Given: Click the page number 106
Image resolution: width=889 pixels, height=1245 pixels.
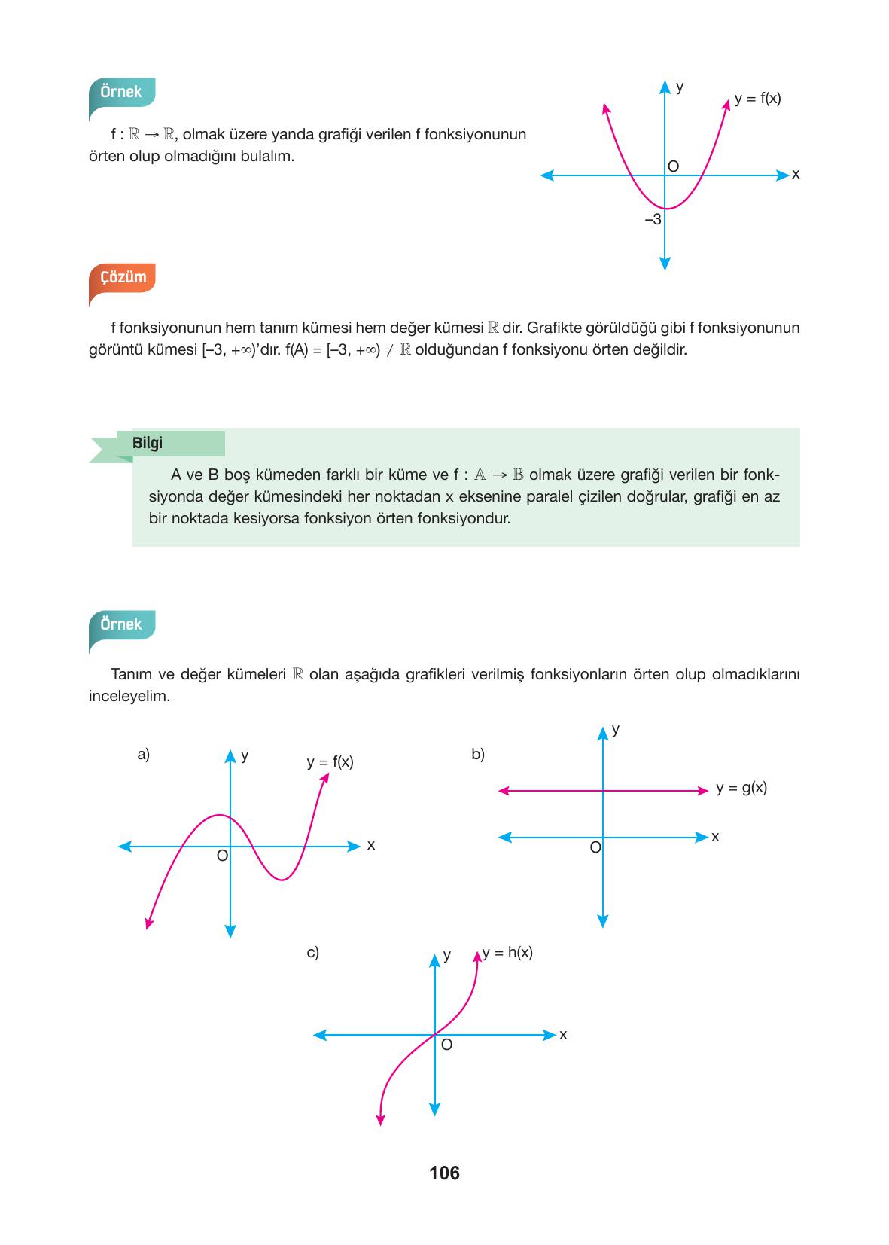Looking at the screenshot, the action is tap(444, 1173).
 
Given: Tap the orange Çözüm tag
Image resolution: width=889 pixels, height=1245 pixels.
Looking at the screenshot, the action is tap(123, 277).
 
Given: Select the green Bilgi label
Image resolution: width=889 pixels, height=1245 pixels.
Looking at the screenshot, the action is tap(148, 443).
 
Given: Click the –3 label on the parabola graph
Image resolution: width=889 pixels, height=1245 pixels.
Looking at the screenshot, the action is tap(653, 220).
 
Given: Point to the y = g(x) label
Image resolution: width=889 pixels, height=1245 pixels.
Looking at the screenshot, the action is tap(741, 788).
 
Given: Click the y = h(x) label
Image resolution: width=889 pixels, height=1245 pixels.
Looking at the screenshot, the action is tap(507, 952).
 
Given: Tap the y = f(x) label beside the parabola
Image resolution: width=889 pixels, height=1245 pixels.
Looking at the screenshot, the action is tap(757, 98).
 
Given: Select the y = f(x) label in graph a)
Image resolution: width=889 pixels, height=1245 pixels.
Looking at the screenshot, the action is tap(330, 761).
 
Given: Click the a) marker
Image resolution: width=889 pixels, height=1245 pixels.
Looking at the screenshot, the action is tap(143, 754).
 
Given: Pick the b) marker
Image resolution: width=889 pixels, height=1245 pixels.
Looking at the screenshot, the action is tap(477, 754).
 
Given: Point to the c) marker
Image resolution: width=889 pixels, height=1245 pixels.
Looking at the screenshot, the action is tap(312, 952).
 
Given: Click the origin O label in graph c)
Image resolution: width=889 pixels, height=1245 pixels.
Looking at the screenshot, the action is tap(446, 1045).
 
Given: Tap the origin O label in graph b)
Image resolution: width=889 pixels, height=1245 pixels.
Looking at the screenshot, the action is tap(595, 847).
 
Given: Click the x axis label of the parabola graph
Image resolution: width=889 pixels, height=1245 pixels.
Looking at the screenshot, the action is tap(796, 175).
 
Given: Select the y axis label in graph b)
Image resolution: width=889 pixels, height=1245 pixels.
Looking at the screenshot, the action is tap(616, 729).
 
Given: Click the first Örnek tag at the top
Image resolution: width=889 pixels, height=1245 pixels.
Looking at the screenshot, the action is tap(121, 92).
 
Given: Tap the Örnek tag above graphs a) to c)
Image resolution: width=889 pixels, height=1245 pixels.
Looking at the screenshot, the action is tap(121, 624).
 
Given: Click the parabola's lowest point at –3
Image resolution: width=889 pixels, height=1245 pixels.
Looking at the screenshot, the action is tap(665, 209).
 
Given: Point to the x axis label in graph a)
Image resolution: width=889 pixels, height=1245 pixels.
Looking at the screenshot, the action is tap(370, 845).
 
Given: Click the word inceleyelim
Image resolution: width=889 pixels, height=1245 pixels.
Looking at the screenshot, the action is tap(129, 696).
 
